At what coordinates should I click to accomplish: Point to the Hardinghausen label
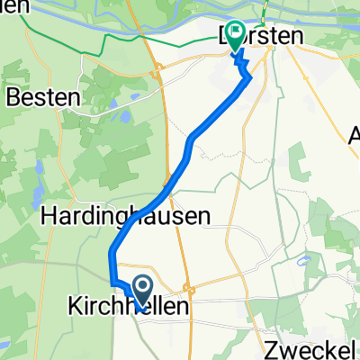point(126,216)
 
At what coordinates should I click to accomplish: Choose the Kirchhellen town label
point(130,307)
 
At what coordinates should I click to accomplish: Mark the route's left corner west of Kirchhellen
point(112,283)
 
